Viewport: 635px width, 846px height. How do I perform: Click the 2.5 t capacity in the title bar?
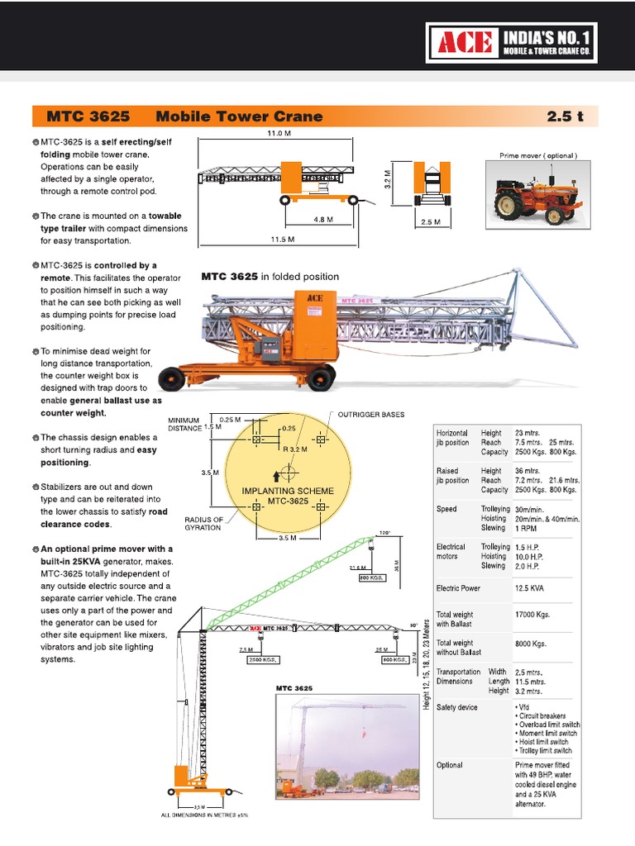click(x=565, y=116)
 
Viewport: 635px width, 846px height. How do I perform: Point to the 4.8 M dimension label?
click(x=323, y=220)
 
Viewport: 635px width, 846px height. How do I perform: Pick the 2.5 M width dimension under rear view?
click(x=430, y=222)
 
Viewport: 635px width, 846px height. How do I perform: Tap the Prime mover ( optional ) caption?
click(x=537, y=156)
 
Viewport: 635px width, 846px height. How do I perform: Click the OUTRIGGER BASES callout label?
click(x=370, y=414)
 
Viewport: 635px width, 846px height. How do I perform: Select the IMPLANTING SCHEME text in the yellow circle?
click(x=288, y=491)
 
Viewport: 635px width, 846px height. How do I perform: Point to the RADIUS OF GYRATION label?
click(x=203, y=524)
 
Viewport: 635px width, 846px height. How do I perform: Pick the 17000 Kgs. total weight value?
click(x=532, y=615)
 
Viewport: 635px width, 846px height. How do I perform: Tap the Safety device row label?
click(x=457, y=708)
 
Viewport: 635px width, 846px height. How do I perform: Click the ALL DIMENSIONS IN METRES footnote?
click(x=203, y=815)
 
